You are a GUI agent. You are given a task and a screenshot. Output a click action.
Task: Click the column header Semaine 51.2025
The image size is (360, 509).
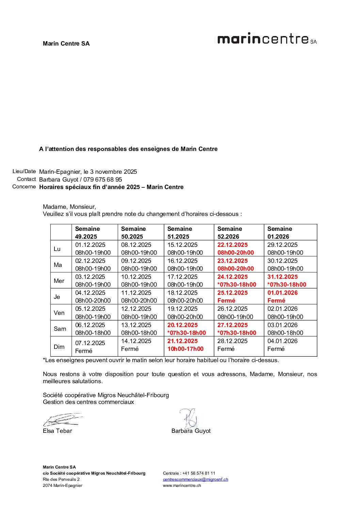click(189, 233)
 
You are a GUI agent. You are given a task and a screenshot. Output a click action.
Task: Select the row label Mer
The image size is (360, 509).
click(59, 281)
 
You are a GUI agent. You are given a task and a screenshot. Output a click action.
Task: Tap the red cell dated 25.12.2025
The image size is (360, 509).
click(239, 296)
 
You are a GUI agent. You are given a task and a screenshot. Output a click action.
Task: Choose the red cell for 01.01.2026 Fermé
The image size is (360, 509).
click(290, 296)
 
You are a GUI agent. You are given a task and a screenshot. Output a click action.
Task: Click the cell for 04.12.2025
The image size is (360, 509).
click(95, 296)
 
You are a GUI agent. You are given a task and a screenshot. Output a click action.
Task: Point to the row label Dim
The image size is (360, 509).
click(59, 347)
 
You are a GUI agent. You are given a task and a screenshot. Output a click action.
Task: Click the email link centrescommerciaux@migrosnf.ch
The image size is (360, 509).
click(195, 479)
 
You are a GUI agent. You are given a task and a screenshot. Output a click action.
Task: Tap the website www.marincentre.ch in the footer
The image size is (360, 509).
click(182, 486)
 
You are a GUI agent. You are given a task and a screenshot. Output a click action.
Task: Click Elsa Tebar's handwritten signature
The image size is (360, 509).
click(62, 420)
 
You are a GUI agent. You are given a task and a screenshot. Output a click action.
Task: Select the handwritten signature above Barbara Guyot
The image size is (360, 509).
click(189, 418)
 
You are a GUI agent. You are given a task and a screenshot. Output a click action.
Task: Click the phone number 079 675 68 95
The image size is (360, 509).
click(103, 180)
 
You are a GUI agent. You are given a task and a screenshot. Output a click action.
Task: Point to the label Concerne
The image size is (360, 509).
click(24, 187)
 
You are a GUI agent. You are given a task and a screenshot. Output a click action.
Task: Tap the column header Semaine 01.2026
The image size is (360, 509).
click(290, 233)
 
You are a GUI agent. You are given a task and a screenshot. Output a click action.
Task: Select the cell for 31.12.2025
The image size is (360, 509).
click(290, 281)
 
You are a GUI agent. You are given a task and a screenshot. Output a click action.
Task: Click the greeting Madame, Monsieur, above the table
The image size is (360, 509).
click(69, 207)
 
